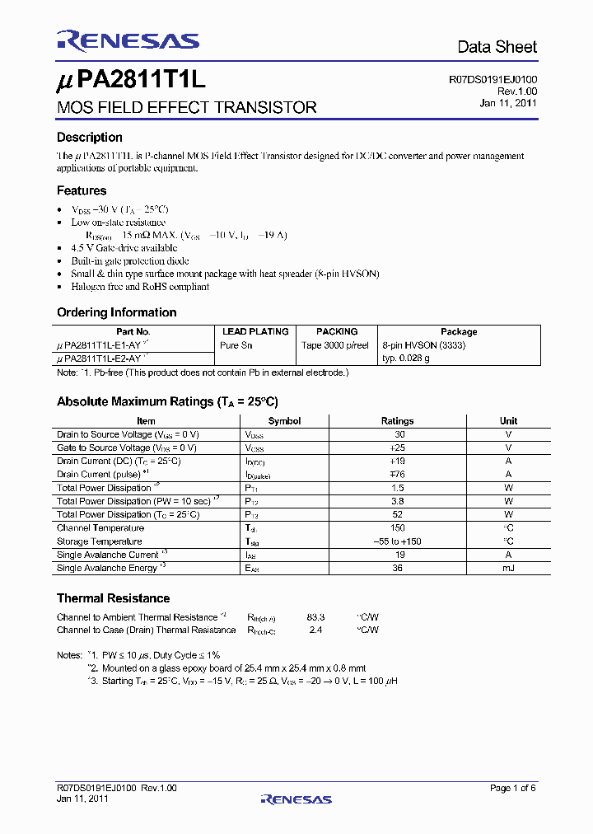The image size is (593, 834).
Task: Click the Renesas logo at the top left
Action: point(128,41)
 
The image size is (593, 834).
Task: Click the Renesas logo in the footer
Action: point(296,799)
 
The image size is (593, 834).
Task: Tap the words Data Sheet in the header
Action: point(497,47)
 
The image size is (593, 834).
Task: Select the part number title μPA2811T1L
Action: point(130,82)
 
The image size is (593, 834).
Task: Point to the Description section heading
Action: point(90,138)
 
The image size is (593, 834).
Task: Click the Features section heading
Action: point(82,190)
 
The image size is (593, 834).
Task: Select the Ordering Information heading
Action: point(116,312)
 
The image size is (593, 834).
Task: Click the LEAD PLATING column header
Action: point(255,331)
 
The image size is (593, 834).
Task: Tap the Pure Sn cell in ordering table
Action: point(236,345)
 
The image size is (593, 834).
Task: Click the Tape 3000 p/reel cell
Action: point(335,345)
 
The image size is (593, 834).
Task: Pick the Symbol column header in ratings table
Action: point(284,421)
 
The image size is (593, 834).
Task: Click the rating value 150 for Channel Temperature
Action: point(397,528)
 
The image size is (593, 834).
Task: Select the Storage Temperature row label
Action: point(99,541)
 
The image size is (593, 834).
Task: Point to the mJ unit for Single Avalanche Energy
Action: point(508,569)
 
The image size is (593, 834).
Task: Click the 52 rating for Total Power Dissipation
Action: point(397,514)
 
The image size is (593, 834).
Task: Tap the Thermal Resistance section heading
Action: point(113,598)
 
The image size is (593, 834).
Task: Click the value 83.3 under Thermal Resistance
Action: point(315,616)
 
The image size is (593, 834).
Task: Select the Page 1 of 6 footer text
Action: point(512,789)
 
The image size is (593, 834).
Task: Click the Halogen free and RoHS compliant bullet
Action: point(140,287)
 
